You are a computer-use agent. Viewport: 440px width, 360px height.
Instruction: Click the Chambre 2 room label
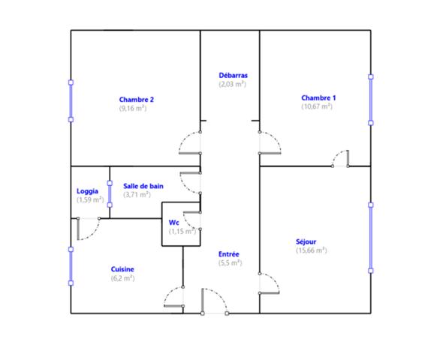point(137,100)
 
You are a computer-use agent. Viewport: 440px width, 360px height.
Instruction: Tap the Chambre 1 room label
point(318,97)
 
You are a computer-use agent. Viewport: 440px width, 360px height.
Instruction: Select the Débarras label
point(234,76)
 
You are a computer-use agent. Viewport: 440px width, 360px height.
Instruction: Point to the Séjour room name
point(306,241)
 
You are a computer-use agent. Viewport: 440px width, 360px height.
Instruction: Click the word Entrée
point(229,254)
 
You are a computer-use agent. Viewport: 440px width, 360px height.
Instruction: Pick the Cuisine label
point(122,269)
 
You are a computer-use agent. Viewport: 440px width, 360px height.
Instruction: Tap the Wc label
point(173,223)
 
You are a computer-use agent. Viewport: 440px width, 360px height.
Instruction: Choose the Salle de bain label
point(143,186)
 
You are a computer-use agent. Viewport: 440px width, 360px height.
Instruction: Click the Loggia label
point(88,191)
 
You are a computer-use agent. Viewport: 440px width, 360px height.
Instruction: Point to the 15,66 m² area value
point(311,250)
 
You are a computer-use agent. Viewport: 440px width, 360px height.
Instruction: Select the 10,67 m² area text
point(317,106)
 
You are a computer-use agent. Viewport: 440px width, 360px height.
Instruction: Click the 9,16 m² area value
point(133,108)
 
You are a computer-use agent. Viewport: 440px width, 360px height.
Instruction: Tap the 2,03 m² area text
point(232,84)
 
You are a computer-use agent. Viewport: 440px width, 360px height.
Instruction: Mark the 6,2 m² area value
point(122,278)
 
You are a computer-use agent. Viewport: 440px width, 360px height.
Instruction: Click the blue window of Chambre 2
point(71,101)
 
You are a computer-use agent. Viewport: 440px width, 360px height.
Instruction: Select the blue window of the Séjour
point(371,238)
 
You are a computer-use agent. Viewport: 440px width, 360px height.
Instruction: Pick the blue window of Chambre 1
point(371,100)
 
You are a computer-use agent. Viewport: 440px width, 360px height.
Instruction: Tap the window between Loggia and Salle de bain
point(110,194)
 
